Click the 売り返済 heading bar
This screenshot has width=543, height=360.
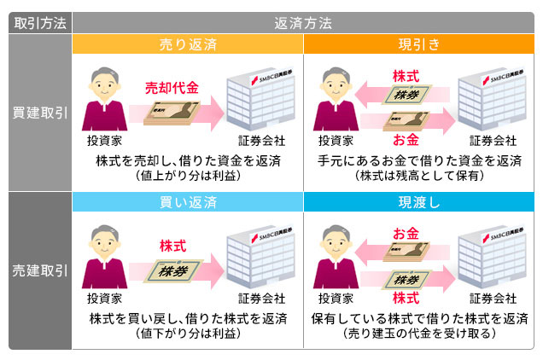click(188, 44)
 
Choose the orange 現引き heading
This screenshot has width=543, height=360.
click(419, 44)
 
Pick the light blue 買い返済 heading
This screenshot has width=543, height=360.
click(188, 203)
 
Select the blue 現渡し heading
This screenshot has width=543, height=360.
click(419, 203)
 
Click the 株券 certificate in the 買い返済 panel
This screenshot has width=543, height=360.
click(173, 270)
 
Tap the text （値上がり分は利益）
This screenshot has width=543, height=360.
click(188, 176)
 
